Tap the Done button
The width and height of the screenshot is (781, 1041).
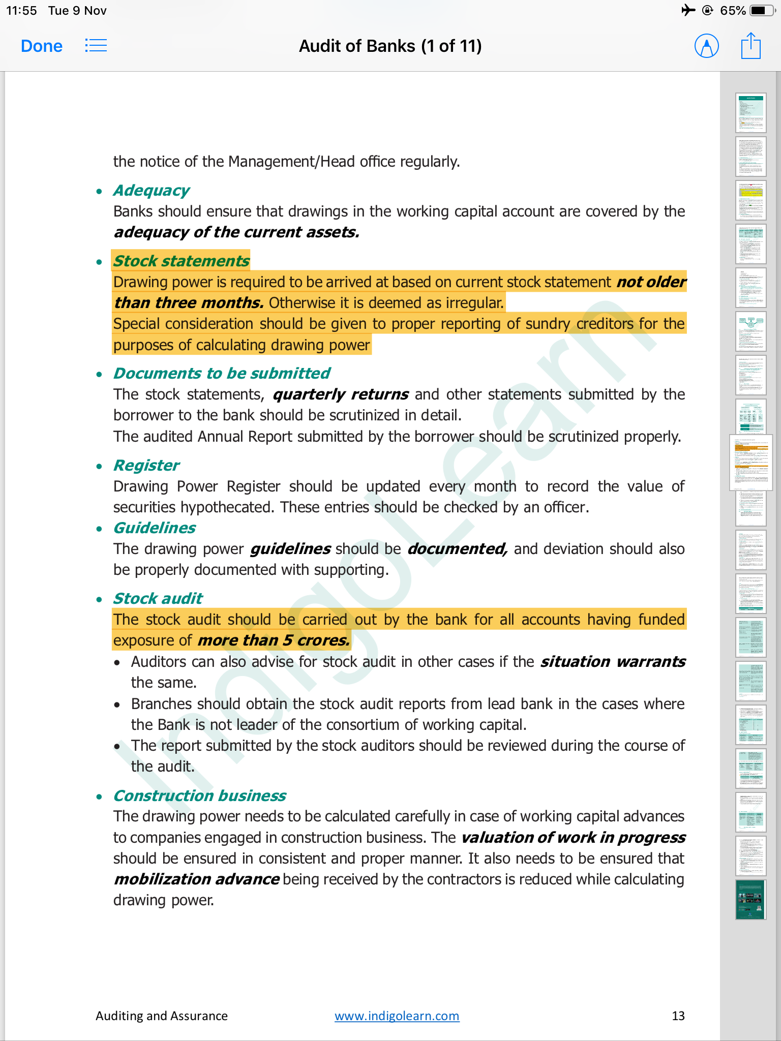[42, 46]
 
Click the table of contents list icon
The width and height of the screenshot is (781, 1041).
[96, 46]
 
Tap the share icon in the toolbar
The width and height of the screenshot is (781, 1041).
[750, 46]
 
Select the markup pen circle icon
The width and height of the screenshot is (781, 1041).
[706, 46]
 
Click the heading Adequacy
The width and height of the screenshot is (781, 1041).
[151, 191]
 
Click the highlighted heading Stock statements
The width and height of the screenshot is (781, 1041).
[181, 261]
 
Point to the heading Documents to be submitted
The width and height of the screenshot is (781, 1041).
[222, 374]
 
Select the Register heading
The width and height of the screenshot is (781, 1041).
[146, 466]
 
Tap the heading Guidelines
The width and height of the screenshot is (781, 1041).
[155, 528]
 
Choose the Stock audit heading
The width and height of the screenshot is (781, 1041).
[158, 599]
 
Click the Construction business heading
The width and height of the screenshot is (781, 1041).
[199, 796]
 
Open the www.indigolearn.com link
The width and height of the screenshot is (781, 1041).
[397, 1016]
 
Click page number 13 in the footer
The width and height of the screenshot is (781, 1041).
[678, 1016]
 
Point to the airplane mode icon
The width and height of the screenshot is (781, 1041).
[688, 10]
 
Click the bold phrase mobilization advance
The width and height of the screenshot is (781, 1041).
[196, 879]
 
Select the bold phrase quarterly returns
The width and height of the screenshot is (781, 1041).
[341, 394]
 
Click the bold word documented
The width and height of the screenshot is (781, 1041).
[457, 549]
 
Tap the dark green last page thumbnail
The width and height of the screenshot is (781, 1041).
[750, 899]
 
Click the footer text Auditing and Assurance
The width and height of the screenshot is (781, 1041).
[162, 1016]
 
